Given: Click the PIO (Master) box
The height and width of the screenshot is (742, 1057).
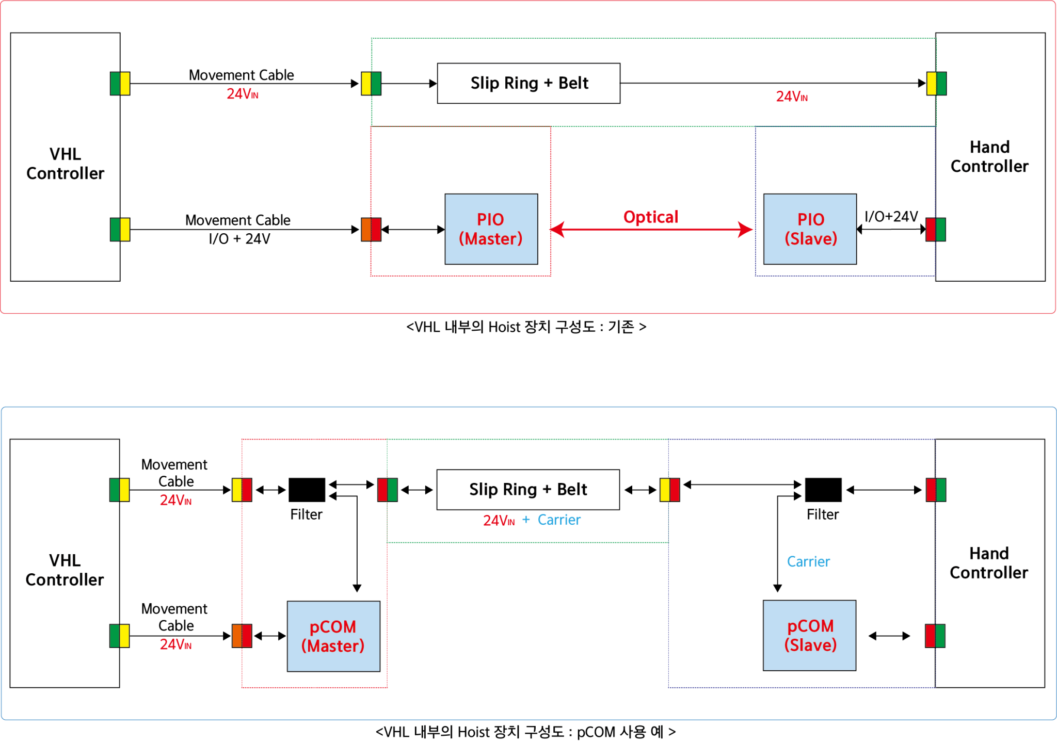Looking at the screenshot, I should point(491,229).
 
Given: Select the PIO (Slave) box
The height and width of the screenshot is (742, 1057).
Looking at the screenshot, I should point(810,229).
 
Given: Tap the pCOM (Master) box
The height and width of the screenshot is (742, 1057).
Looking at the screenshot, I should point(333,636).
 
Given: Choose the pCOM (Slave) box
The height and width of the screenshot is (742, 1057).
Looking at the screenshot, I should point(809,635).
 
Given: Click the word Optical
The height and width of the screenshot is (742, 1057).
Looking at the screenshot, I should point(650,217).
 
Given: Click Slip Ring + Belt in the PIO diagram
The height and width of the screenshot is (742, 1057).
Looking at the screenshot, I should point(528,83).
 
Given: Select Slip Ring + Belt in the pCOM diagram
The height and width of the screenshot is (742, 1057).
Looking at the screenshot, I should point(528,489).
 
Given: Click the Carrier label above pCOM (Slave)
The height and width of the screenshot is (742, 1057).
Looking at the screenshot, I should point(808,561).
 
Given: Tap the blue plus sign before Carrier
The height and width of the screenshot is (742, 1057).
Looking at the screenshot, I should point(526,520).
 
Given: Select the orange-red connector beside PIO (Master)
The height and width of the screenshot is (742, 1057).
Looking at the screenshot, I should point(371,229).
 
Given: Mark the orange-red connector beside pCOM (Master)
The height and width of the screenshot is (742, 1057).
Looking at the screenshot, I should point(242,636).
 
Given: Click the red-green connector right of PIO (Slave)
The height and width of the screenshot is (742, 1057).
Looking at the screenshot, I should point(936,229).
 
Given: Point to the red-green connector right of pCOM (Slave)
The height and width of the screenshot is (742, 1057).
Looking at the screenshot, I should point(935,636).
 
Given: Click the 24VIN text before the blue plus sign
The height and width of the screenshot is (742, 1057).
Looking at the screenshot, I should point(499,520).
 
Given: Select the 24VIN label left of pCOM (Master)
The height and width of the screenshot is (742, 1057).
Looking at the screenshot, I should point(175,644).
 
